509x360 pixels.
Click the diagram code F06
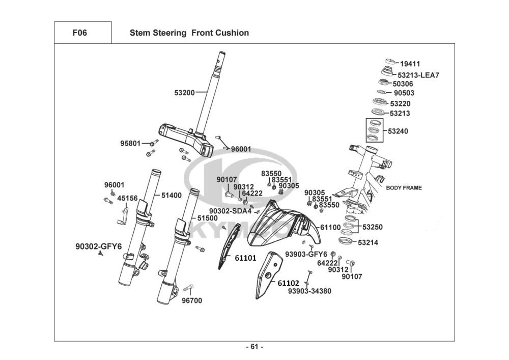80,33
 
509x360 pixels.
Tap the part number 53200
184,93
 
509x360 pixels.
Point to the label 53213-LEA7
418,75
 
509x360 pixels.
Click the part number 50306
403,84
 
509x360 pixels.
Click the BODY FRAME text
404,188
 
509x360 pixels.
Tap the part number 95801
130,144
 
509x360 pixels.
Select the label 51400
172,195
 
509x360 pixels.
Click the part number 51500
208,218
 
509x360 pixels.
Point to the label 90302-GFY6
98,246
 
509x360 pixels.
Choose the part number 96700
192,300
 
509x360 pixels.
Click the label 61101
245,258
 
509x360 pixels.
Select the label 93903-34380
309,291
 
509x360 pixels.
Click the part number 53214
368,243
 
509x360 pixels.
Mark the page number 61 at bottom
254,347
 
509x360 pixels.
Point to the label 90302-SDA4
230,211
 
